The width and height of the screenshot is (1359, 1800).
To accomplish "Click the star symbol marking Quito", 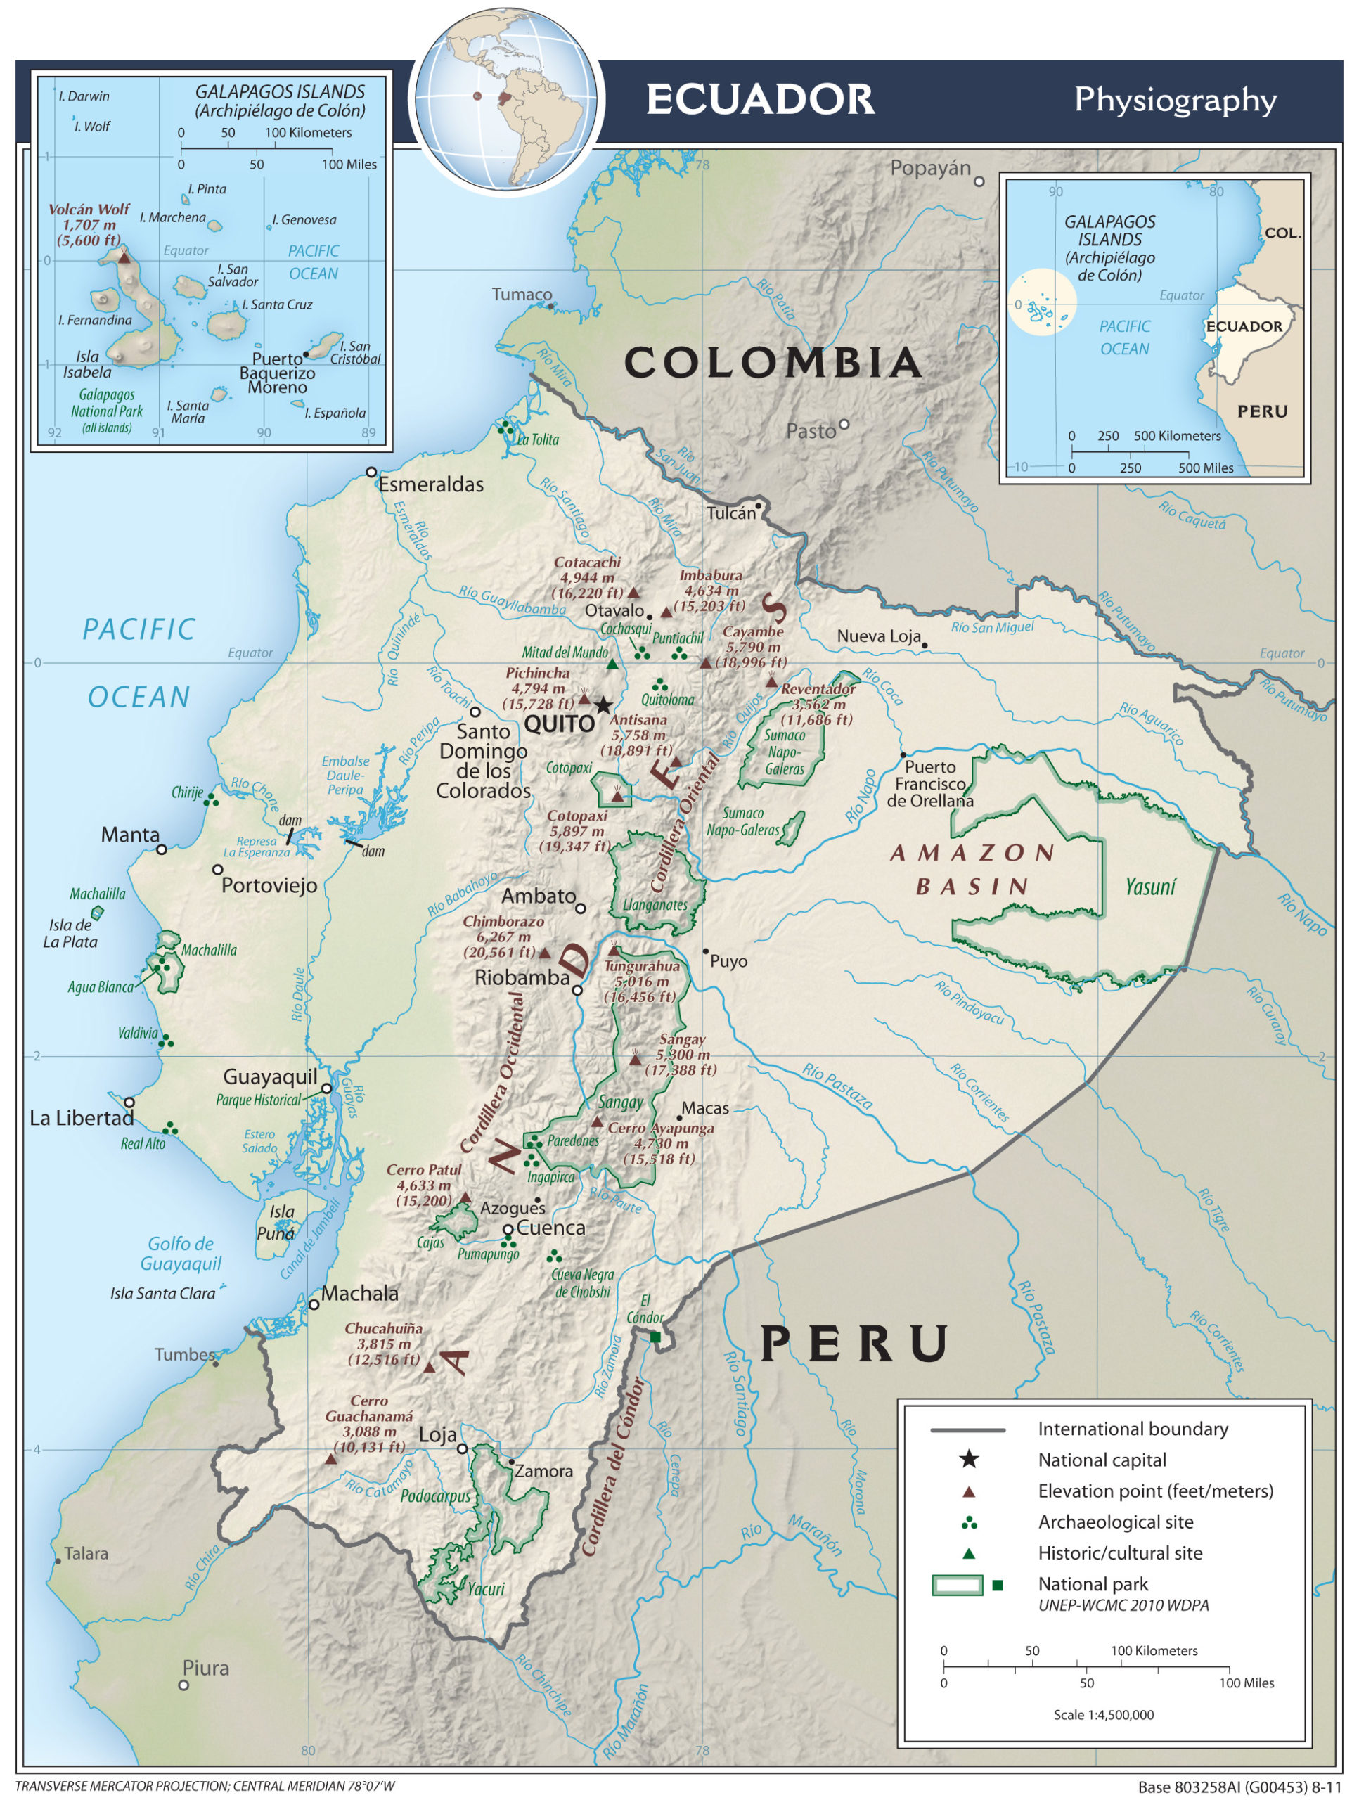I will (x=603, y=705).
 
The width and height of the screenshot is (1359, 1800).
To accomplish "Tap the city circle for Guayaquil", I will (x=326, y=1088).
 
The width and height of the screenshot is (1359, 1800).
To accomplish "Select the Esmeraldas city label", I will (x=430, y=485).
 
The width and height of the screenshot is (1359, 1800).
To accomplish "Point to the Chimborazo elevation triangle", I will (x=546, y=953).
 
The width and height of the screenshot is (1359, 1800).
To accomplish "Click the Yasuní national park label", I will (x=1150, y=887).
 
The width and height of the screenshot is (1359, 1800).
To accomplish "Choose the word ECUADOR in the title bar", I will (x=760, y=99).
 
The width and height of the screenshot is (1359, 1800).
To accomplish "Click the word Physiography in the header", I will (x=1175, y=99).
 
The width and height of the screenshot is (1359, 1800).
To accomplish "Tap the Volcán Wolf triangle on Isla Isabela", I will (x=124, y=257).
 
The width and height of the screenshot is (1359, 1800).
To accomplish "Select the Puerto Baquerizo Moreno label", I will (x=277, y=373).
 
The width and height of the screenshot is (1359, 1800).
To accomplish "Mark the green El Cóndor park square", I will (x=655, y=1337).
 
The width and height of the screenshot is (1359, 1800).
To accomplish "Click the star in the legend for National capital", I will (x=968, y=1459).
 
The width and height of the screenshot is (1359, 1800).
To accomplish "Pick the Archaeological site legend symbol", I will (x=968, y=1522).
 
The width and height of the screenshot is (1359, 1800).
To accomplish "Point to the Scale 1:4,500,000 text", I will (x=1104, y=1714).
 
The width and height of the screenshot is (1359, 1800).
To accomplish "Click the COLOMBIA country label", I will (x=773, y=363).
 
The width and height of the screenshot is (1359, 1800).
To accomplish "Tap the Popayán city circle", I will (x=980, y=181).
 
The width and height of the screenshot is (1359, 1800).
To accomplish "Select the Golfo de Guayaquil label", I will (x=181, y=1253).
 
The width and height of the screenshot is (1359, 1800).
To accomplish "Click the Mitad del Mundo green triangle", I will (x=612, y=664).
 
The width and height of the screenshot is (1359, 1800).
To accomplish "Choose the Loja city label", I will (x=438, y=1434).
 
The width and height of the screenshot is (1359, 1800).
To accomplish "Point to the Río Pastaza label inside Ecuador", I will (x=837, y=1086).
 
